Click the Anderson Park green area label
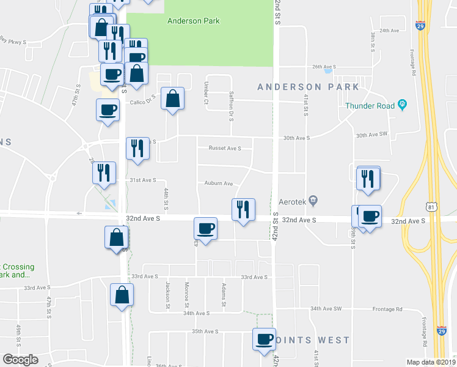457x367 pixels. (193, 21)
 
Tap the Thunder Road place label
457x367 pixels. (370, 105)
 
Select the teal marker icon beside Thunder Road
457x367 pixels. (402, 105)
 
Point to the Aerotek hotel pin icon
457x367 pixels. (313, 200)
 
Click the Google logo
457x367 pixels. (20, 360)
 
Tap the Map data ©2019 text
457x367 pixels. (431, 362)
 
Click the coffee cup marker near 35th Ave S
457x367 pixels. (265, 339)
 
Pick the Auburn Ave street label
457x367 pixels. (219, 183)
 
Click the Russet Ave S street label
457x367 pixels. (225, 148)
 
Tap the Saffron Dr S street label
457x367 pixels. (232, 106)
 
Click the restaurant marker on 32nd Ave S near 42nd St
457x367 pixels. (243, 210)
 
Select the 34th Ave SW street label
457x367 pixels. (326, 309)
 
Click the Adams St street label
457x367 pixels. (224, 295)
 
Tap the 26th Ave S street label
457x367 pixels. (325, 67)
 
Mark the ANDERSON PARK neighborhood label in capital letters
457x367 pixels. (308, 87)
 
